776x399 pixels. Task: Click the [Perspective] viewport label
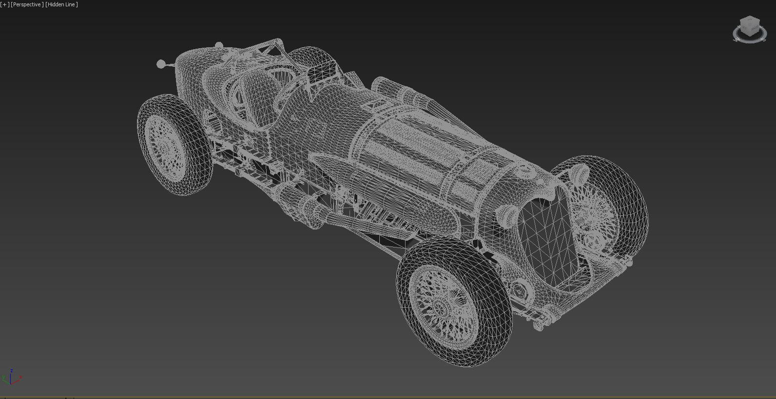click(27, 4)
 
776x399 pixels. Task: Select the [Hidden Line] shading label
click(61, 4)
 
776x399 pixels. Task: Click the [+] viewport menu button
click(5, 4)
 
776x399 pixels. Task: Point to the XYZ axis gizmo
click(11, 378)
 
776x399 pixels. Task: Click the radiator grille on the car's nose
click(546, 239)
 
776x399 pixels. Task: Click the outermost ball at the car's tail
click(160, 64)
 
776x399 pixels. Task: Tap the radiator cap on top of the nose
click(525, 170)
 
